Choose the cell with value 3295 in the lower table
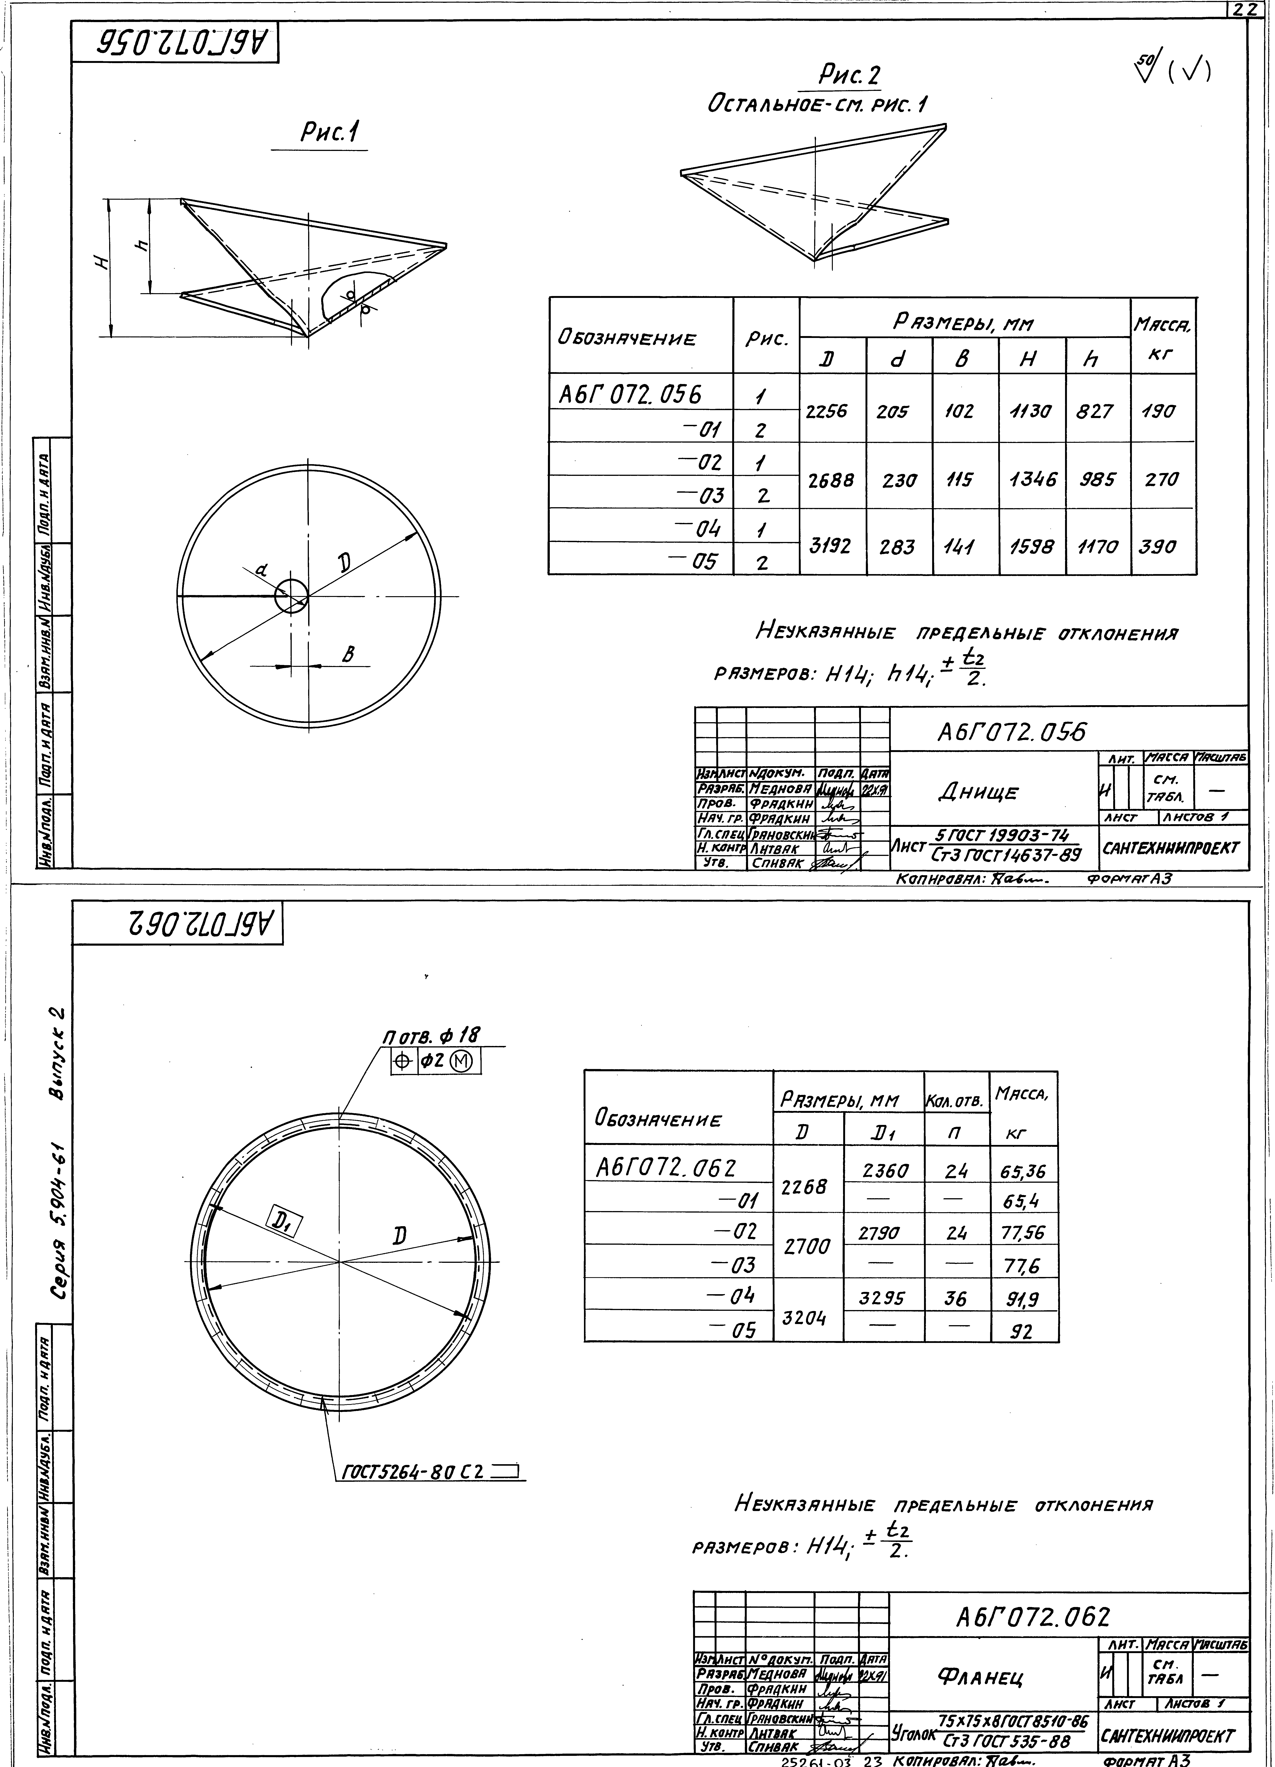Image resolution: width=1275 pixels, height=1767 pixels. tap(882, 1298)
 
